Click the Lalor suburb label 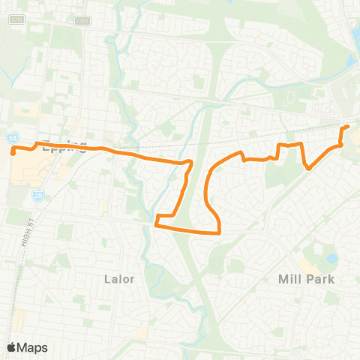pyautogui.click(x=119, y=279)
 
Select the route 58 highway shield pyautogui.click(x=12, y=138)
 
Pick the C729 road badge pyautogui.click(x=82, y=20)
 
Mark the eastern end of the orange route pyautogui.click(x=347, y=128)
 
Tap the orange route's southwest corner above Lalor pyautogui.click(x=155, y=223)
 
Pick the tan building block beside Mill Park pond pyautogui.click(x=307, y=264)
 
